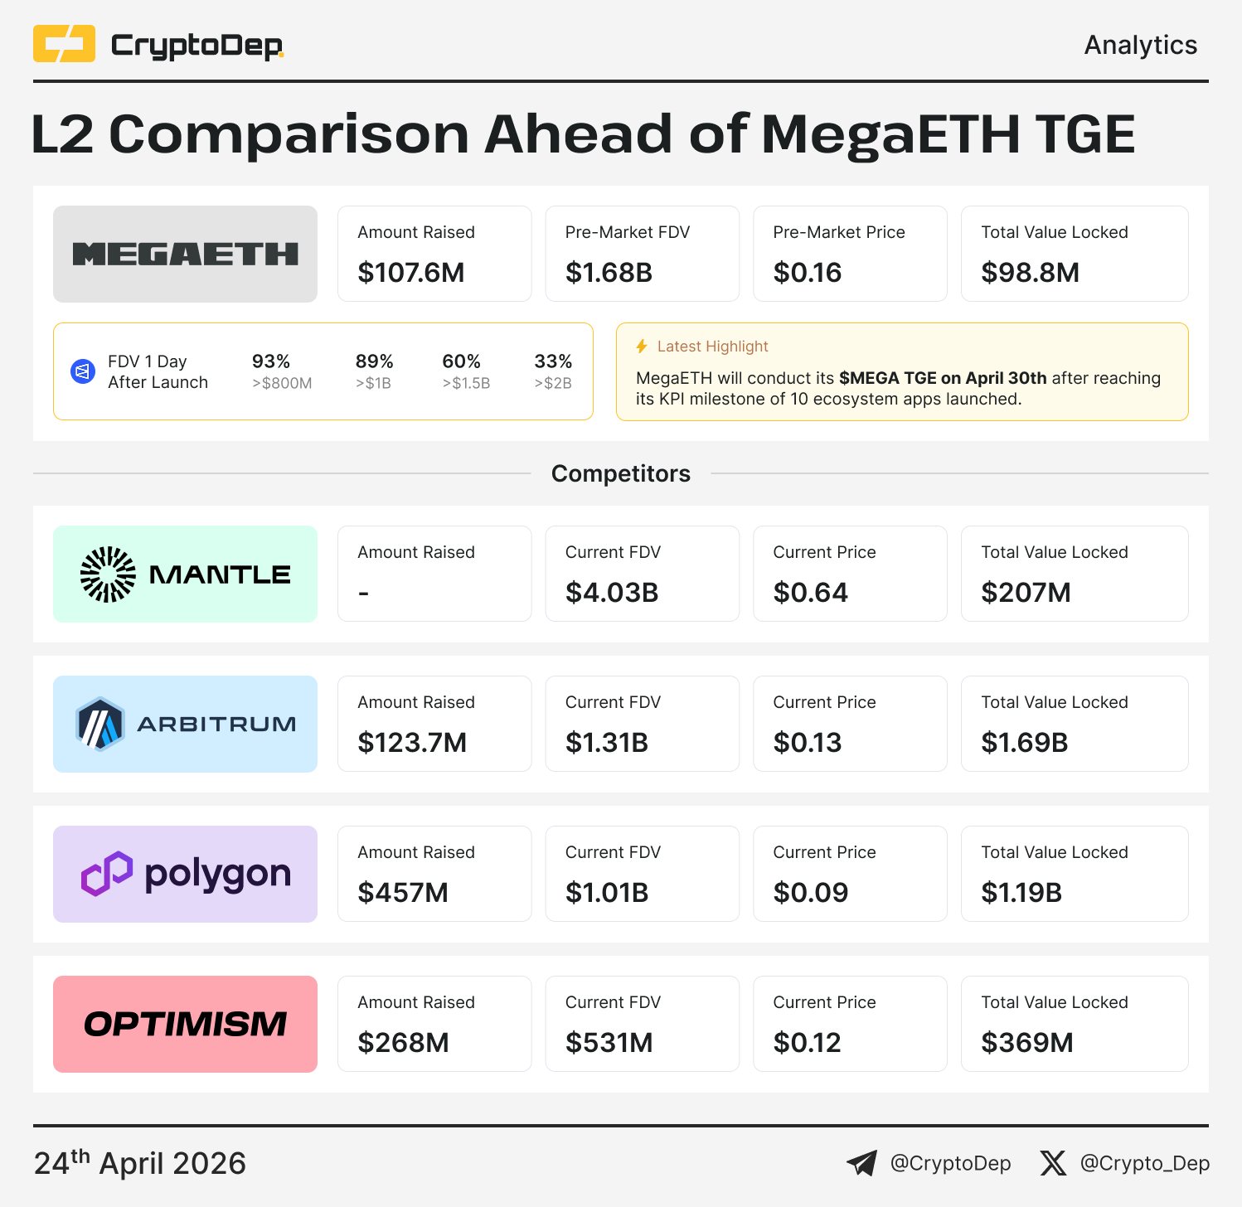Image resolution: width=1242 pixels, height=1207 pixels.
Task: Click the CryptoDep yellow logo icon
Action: coord(64,44)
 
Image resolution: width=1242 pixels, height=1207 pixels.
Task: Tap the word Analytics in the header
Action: coord(1140,45)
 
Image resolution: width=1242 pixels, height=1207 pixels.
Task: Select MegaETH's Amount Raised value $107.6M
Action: coord(411,273)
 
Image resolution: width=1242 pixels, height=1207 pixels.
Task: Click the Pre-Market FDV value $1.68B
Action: coord(609,273)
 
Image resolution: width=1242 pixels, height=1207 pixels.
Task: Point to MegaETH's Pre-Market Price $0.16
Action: coord(807,273)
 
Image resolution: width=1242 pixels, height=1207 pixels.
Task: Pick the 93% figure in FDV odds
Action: coord(271,361)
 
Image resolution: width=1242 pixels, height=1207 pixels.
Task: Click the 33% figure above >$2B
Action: coord(553,361)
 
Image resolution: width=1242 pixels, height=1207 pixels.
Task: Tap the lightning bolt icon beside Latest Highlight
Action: coord(642,347)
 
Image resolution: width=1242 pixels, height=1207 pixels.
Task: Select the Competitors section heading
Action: coord(621,473)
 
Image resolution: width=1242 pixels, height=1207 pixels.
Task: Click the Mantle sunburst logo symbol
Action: coord(108,574)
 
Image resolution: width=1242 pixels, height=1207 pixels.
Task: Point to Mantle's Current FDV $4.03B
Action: coord(612,593)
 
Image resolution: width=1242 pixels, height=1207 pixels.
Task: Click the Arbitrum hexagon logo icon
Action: coord(99,724)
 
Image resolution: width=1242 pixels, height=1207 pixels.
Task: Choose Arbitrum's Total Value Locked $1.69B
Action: coord(1024,743)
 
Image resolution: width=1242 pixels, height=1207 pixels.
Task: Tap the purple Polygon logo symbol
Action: coord(107,874)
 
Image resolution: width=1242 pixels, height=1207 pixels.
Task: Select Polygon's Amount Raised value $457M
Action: coord(403,893)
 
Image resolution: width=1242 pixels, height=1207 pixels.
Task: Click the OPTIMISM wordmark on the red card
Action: coord(185,1025)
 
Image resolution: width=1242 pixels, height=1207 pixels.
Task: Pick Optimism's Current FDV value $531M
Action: coord(609,1043)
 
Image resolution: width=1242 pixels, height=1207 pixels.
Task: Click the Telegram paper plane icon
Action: coord(862,1163)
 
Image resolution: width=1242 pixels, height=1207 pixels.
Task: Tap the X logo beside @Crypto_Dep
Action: coord(1053,1163)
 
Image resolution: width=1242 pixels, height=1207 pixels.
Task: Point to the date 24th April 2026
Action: coord(140,1163)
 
